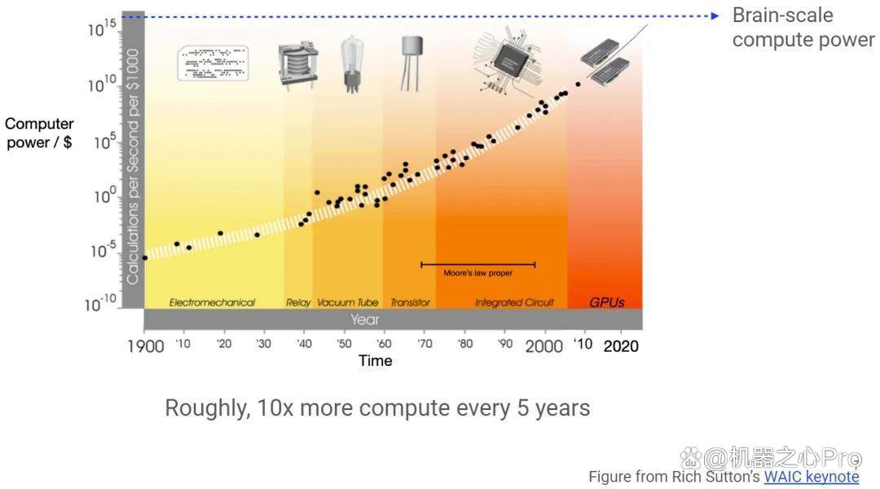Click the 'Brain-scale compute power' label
pyautogui.click(x=802, y=28)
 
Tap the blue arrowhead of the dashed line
pyautogui.click(x=714, y=15)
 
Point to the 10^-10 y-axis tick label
pyautogui.click(x=103, y=304)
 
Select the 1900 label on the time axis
pyautogui.click(x=145, y=346)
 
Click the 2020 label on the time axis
pyautogui.click(x=620, y=346)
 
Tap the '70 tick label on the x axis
pyautogui.click(x=425, y=345)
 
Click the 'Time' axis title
pyautogui.click(x=376, y=360)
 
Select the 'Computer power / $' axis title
pyautogui.click(x=39, y=133)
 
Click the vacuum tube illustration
pyautogui.click(x=352, y=64)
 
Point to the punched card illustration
pyautogui.click(x=213, y=63)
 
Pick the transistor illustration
pyautogui.click(x=410, y=61)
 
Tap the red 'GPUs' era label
pyautogui.click(x=606, y=302)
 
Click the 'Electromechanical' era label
pyautogui.click(x=212, y=302)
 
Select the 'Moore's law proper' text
pyautogui.click(x=477, y=273)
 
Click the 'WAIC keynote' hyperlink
pyautogui.click(x=811, y=477)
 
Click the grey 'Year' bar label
pyautogui.click(x=365, y=319)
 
